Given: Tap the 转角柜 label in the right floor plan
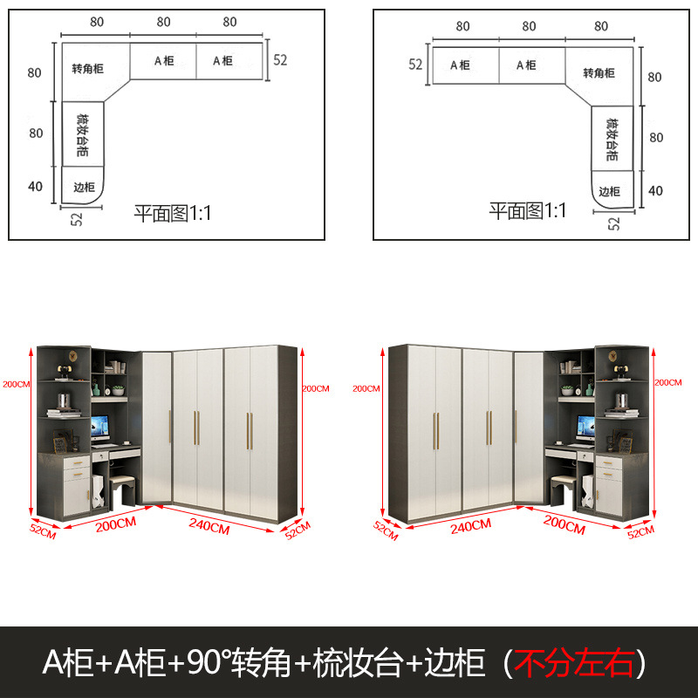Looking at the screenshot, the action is pyautogui.click(x=599, y=72).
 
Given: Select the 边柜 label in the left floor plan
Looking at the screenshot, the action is pyautogui.click(x=84, y=187).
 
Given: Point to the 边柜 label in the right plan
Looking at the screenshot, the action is pyautogui.click(x=610, y=191).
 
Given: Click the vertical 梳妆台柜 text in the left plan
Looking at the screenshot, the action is pyautogui.click(x=82, y=134).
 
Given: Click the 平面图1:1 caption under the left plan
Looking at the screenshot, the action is pyautogui.click(x=173, y=213).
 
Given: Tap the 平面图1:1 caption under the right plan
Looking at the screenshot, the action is pyautogui.click(x=528, y=210).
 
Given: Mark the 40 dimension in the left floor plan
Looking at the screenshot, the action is pyautogui.click(x=35, y=185).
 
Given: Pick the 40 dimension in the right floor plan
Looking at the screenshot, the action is pyautogui.click(x=656, y=191).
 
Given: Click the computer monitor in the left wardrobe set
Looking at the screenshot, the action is pyautogui.click(x=99, y=427).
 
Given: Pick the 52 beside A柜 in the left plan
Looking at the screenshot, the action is pyautogui.click(x=281, y=60).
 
